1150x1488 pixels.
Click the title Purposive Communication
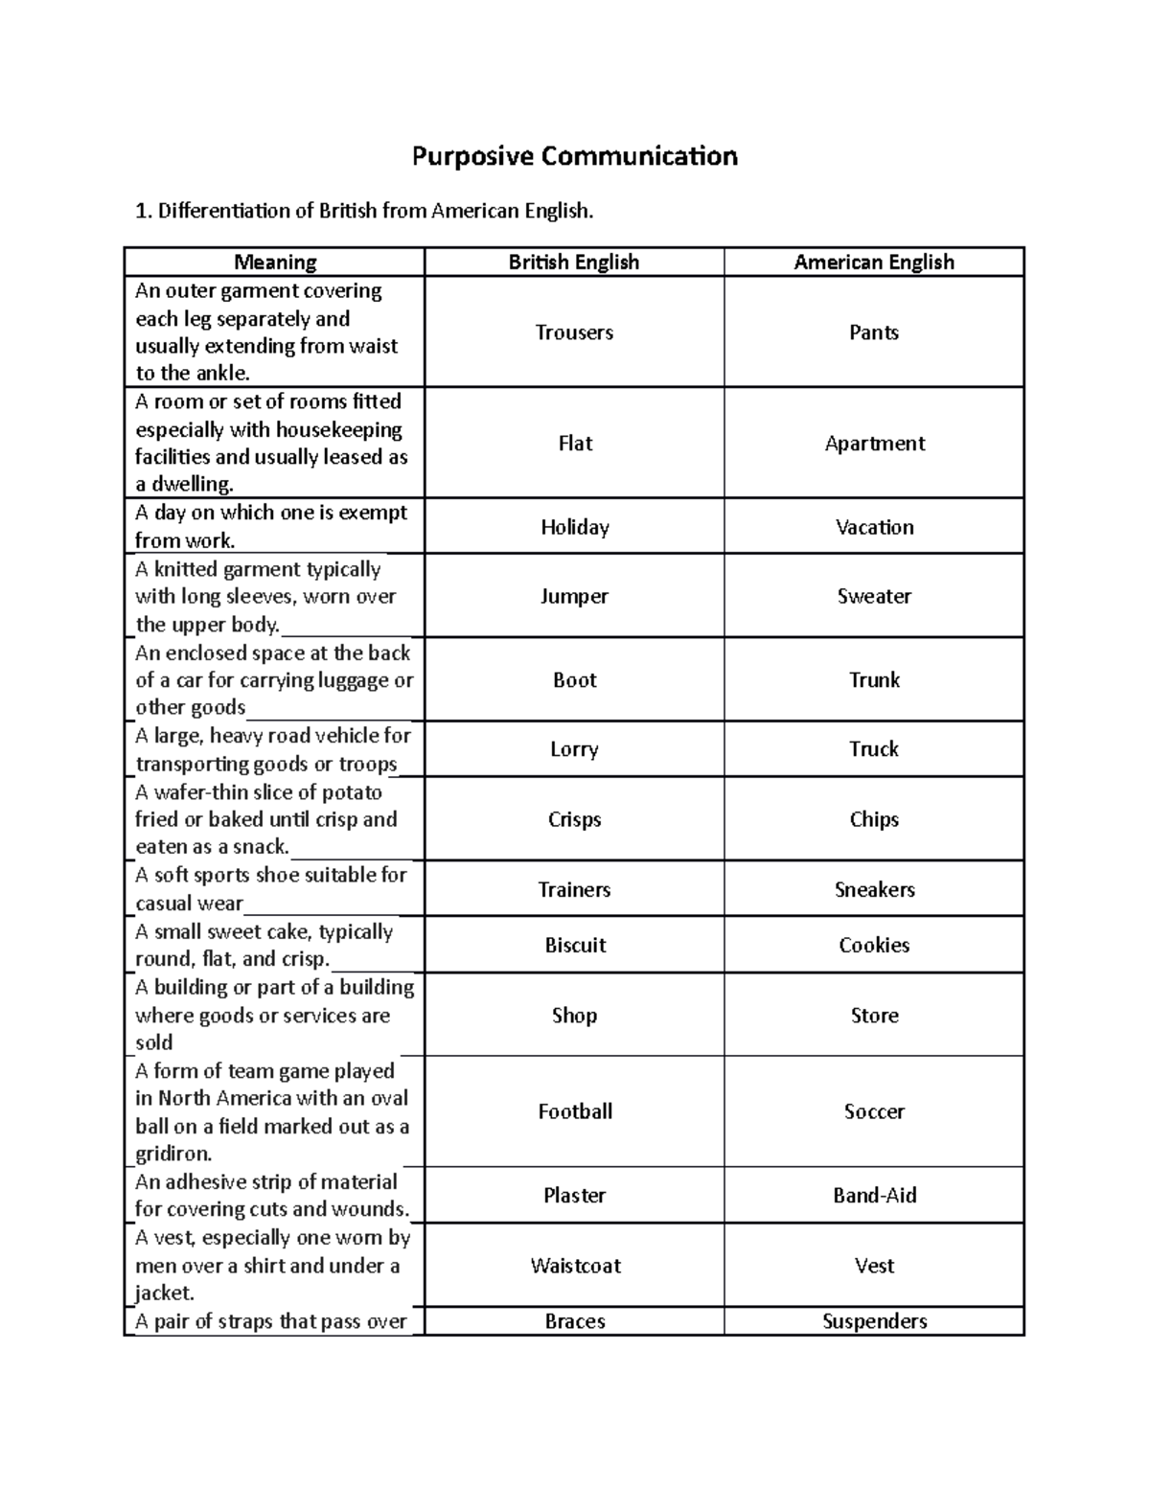click(574, 156)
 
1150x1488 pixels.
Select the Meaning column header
click(275, 263)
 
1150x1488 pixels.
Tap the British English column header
click(573, 263)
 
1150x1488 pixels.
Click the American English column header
click(874, 263)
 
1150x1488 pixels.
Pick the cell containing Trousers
click(574, 332)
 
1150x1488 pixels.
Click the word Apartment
click(874, 444)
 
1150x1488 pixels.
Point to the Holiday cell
click(574, 527)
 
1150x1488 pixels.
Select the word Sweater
click(874, 596)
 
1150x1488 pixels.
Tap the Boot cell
click(574, 680)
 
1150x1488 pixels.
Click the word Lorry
click(574, 749)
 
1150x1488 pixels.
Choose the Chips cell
click(874, 819)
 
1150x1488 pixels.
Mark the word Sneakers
click(874, 889)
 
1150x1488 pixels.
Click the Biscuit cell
click(575, 945)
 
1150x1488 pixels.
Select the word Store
click(874, 1016)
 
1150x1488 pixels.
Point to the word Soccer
click(874, 1111)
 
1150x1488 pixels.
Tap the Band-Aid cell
click(874, 1196)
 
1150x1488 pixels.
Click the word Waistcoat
click(575, 1266)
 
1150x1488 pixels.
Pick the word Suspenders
click(874, 1321)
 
